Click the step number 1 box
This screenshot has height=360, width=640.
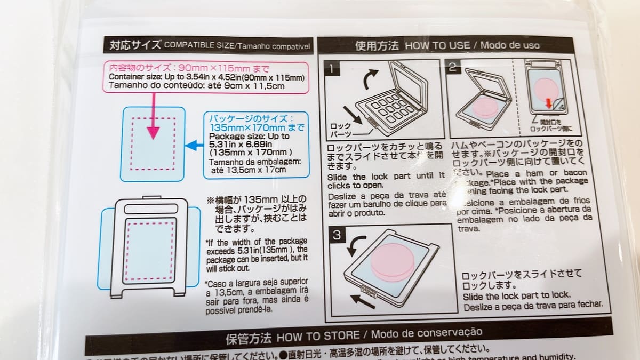[x=332, y=68]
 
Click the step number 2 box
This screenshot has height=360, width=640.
[x=453, y=67]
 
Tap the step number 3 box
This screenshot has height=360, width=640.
[x=338, y=234]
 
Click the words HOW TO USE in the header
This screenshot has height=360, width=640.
[x=437, y=45]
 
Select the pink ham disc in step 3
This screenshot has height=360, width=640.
[x=393, y=262]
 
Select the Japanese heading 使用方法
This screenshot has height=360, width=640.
[x=377, y=45]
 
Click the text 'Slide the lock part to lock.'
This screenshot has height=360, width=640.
[x=516, y=295]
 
